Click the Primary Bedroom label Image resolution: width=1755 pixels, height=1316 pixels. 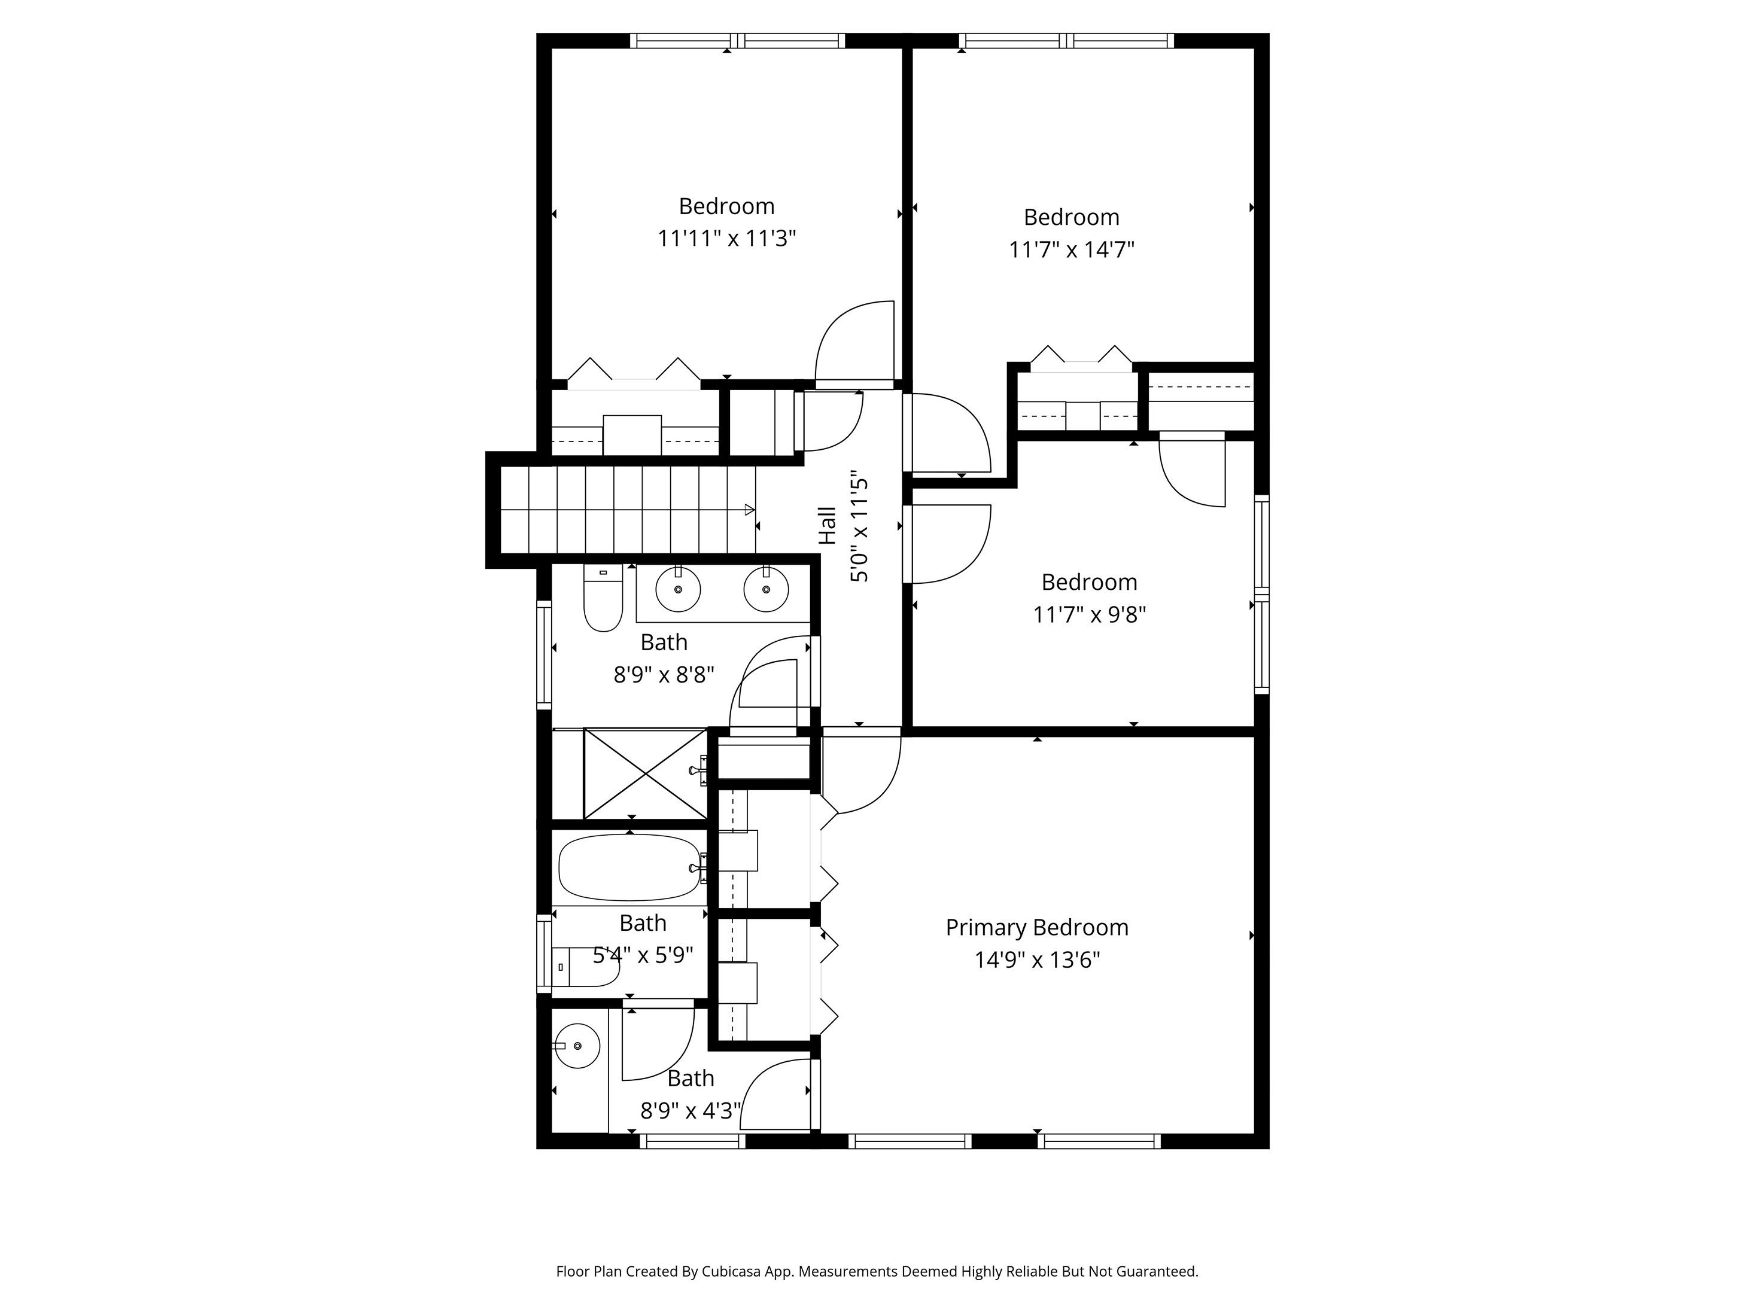coord(1036,927)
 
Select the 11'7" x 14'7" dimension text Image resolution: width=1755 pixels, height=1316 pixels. coord(1071,250)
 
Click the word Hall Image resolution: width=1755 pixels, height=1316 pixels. coord(828,525)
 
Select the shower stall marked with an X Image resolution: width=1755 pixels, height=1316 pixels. coord(645,773)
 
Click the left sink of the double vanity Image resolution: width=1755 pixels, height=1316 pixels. coord(679,590)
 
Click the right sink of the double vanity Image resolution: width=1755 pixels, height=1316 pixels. coord(766,590)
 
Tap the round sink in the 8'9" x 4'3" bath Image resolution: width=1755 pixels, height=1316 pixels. coord(577,1046)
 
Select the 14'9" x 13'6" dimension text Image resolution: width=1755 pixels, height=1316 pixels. coord(1036,961)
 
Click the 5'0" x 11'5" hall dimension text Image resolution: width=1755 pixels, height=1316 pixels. coord(860,530)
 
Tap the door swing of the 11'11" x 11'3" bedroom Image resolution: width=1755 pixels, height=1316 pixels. coord(853,341)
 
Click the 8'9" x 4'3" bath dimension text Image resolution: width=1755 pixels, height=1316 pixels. coord(691,1111)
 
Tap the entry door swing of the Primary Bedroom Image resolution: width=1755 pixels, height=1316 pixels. coord(861,773)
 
